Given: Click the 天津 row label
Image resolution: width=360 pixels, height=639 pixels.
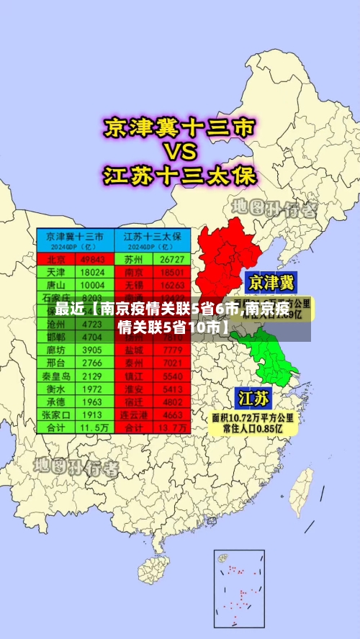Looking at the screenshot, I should point(56,273).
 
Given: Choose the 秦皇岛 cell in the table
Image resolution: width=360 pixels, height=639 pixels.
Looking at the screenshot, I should point(56,376).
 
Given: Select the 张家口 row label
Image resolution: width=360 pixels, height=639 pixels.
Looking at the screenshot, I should point(56,415).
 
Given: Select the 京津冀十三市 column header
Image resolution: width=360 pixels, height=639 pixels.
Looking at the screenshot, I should point(75,236).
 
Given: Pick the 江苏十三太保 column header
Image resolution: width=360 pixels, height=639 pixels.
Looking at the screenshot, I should point(153,236).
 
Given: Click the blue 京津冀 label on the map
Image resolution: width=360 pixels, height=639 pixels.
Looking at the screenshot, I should point(271,281).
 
